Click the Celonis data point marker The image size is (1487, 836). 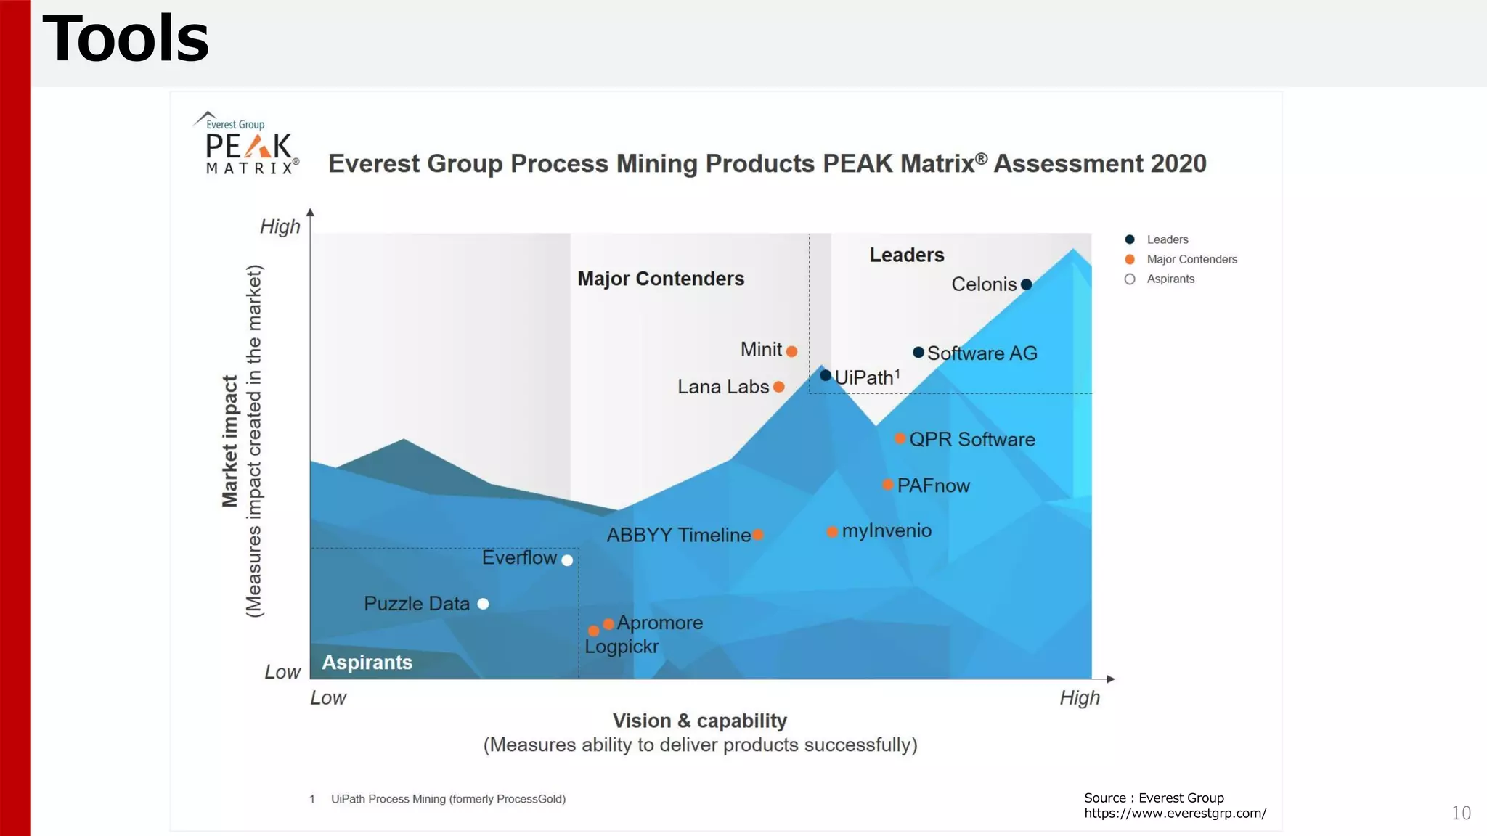coord(1026,284)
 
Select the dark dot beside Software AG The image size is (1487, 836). coord(918,353)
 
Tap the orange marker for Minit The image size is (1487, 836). coord(792,351)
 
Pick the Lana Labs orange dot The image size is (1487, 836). coord(779,387)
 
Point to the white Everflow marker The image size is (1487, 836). coord(567,560)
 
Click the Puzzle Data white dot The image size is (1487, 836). coord(483,604)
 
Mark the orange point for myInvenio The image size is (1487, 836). coord(832,532)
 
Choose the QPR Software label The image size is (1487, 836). coord(971,439)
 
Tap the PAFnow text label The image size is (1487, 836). coord(933,485)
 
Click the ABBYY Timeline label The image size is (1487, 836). coord(678,536)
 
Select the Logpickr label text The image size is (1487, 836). coord(622,647)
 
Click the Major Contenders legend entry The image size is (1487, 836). coord(1191,259)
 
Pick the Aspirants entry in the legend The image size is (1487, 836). coord(1170,279)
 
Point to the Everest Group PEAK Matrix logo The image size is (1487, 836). coord(247,144)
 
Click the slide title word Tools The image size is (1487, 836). coord(126,39)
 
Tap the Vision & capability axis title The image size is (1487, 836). coord(699,721)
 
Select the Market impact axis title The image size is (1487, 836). coord(230,440)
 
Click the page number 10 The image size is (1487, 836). coord(1461,813)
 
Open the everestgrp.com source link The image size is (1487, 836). coord(1175,814)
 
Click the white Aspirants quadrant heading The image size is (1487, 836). coord(367,663)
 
